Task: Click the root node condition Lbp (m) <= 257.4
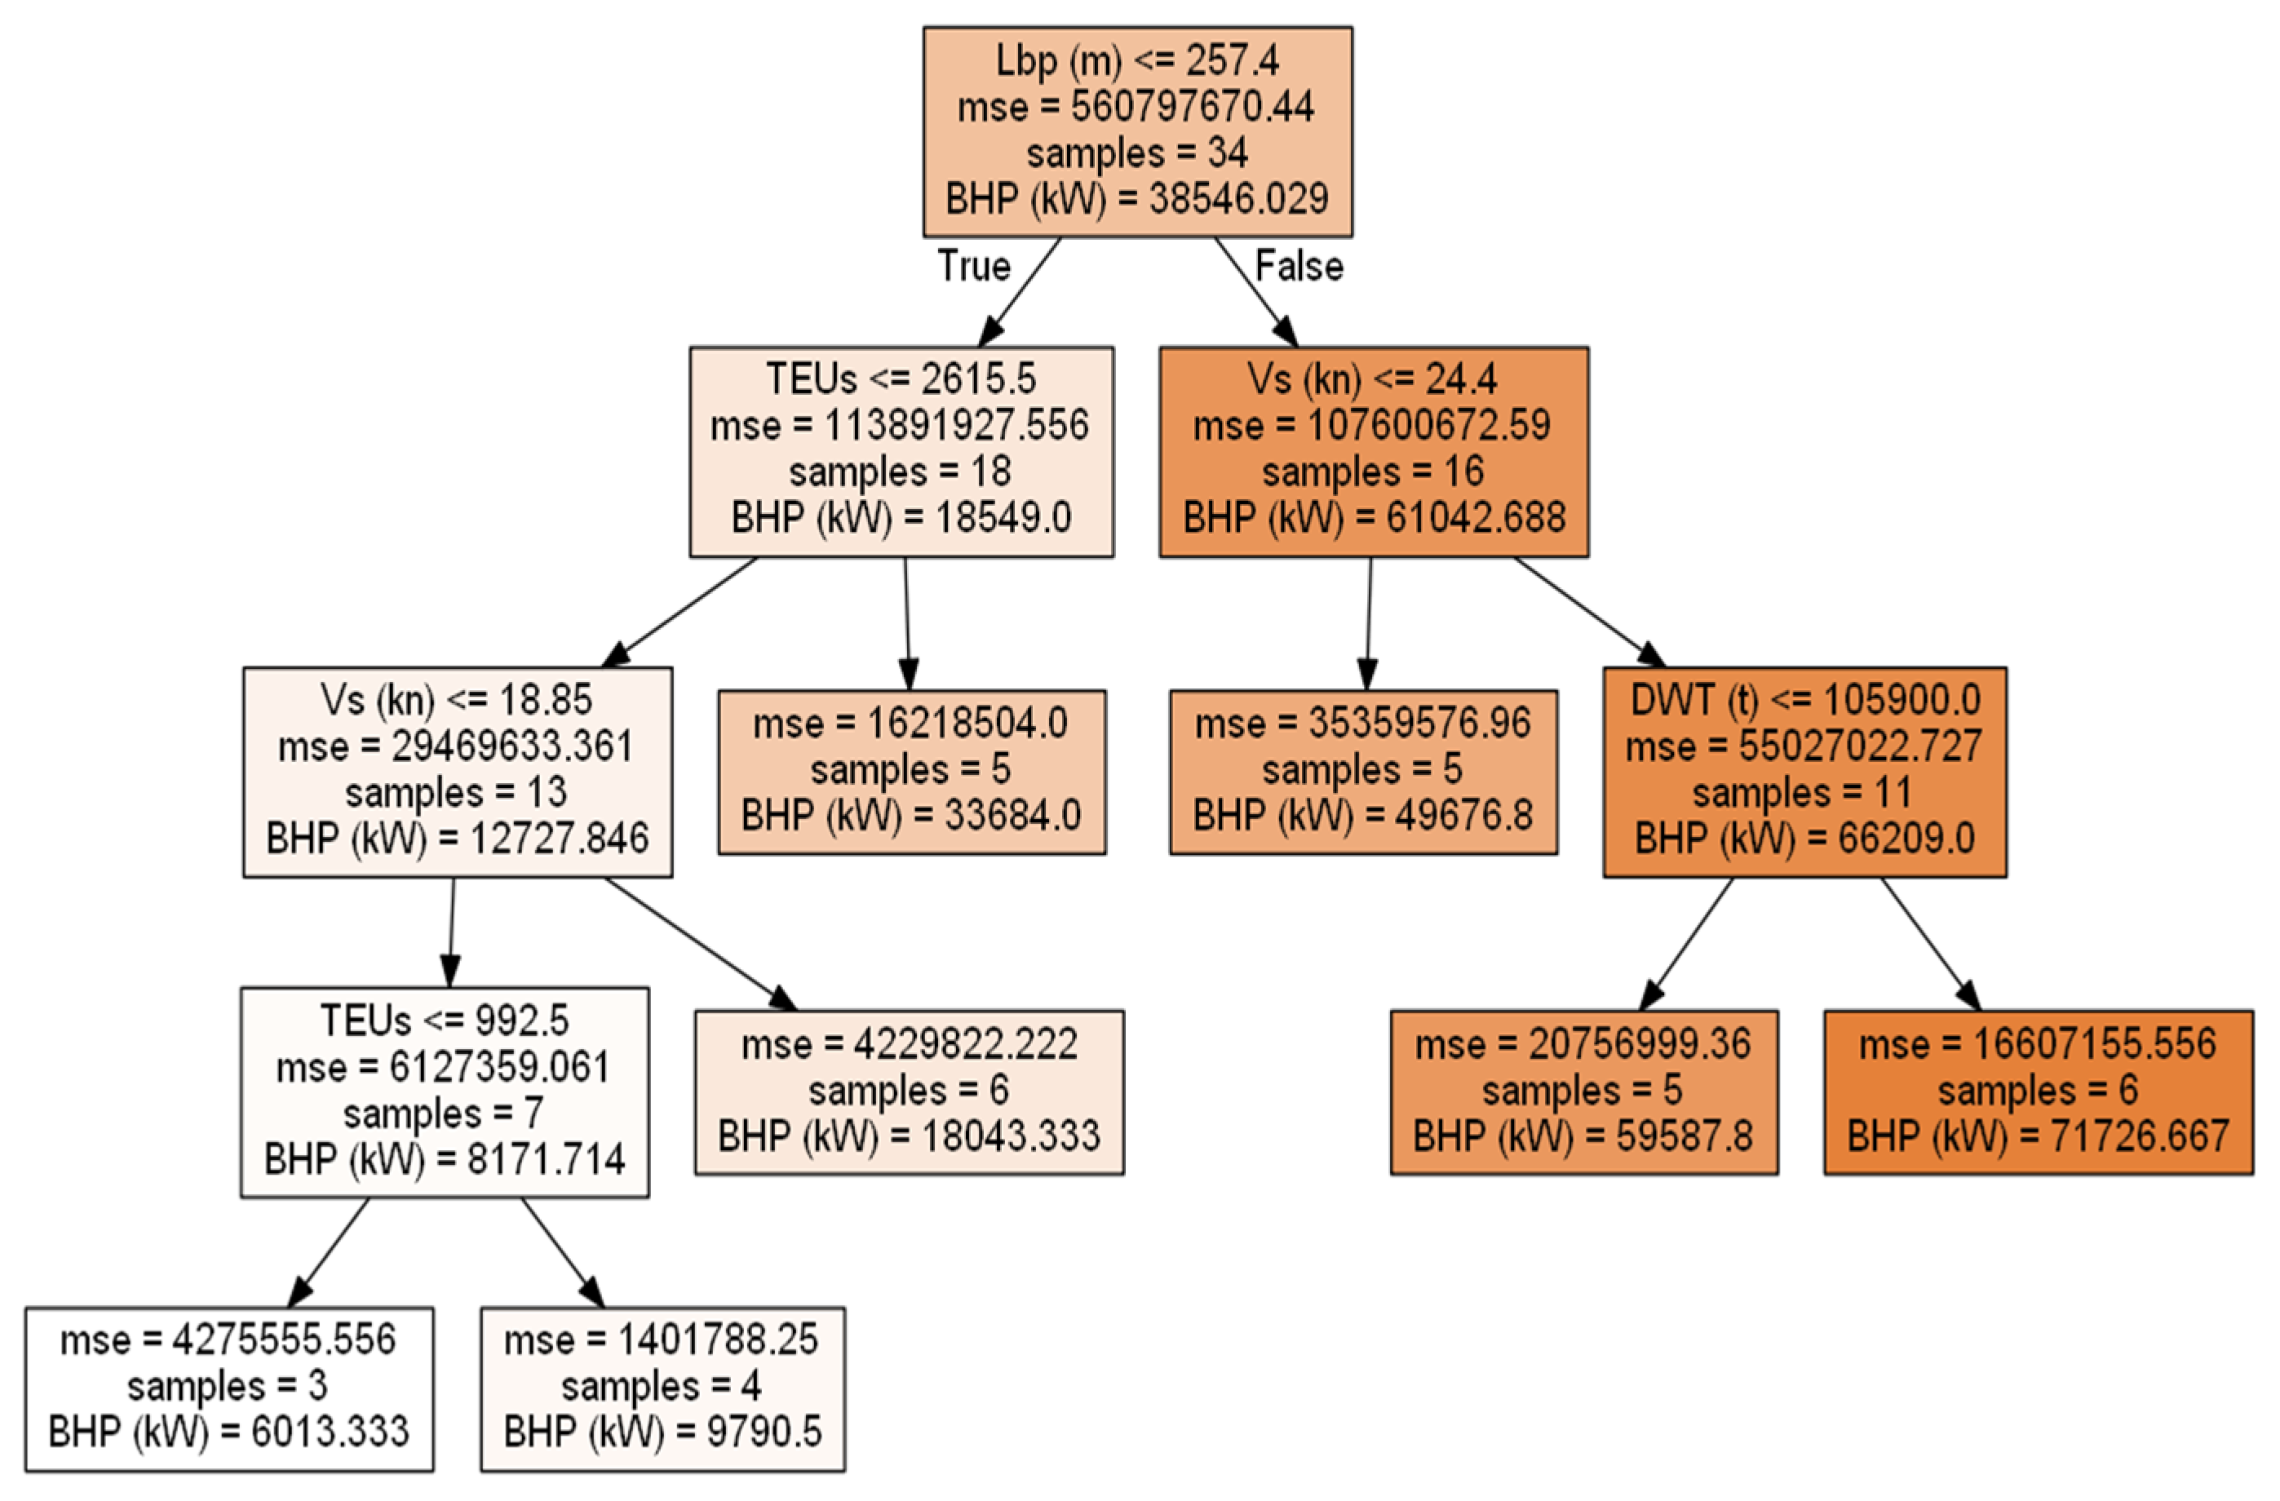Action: (x=1137, y=61)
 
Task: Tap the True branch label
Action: (x=973, y=266)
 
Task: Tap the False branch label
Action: (x=1299, y=266)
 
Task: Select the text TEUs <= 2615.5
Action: (x=901, y=379)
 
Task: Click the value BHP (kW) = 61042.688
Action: (x=1374, y=518)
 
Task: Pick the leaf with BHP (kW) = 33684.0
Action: (x=911, y=772)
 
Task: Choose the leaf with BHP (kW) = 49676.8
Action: (x=1362, y=772)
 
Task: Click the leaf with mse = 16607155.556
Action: (x=2038, y=1092)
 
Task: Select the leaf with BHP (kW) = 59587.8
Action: (x=1583, y=1092)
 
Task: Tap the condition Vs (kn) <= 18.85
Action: (x=457, y=700)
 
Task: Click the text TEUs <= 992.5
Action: (x=445, y=1021)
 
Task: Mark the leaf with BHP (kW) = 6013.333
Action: (x=229, y=1389)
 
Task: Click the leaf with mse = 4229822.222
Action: (x=909, y=1092)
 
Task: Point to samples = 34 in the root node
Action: (x=1137, y=153)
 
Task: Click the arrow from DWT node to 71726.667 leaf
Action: (x=1929, y=944)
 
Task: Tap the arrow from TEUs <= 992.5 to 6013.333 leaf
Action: (x=329, y=1252)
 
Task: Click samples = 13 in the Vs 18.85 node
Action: (x=457, y=793)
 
